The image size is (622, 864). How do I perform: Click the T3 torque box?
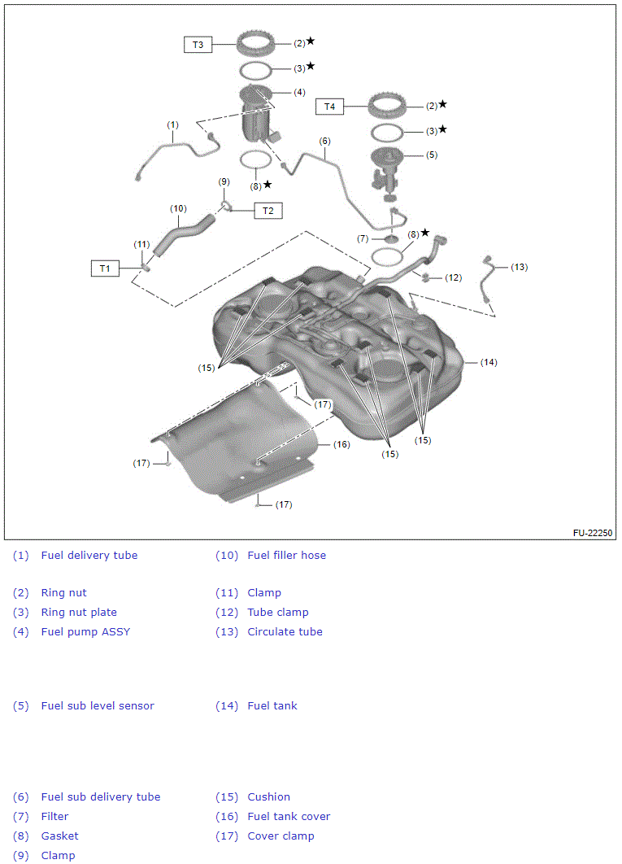[198, 45]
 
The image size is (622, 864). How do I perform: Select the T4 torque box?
[329, 107]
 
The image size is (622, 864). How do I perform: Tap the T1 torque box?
[105, 268]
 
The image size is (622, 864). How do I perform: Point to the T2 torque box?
[268, 211]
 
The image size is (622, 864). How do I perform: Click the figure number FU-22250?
[592, 534]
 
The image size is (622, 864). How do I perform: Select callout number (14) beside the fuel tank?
[489, 362]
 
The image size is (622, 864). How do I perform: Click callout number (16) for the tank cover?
[341, 444]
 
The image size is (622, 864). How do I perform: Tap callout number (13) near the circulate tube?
[519, 267]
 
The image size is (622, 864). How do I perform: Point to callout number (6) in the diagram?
[325, 141]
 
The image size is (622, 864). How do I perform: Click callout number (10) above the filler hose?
[179, 208]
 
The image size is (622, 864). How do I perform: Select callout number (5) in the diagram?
[431, 155]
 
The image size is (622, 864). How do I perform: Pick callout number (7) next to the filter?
[363, 238]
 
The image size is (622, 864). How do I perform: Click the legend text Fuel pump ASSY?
[85, 632]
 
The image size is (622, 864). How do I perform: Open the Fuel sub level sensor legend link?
[98, 706]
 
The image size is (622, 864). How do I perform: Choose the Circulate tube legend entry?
[285, 632]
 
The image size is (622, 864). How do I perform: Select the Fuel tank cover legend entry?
[289, 817]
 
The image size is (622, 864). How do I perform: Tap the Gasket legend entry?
[59, 836]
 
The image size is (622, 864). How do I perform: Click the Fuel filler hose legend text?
[286, 556]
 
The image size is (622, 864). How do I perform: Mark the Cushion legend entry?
[268, 797]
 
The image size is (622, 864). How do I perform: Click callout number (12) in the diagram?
[453, 277]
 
